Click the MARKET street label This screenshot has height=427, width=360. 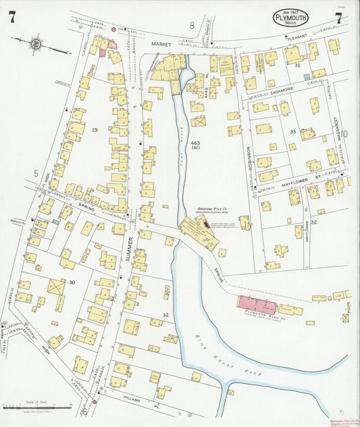(x=162, y=45)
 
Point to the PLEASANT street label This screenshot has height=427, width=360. (x=297, y=40)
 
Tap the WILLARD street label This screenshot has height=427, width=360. (x=132, y=400)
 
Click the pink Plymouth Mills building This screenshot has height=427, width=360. (x=260, y=302)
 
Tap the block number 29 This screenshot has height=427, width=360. (x=95, y=129)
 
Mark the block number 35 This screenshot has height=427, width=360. (x=297, y=66)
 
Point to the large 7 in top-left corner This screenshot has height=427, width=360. (x=11, y=18)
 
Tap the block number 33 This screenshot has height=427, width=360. (x=292, y=131)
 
